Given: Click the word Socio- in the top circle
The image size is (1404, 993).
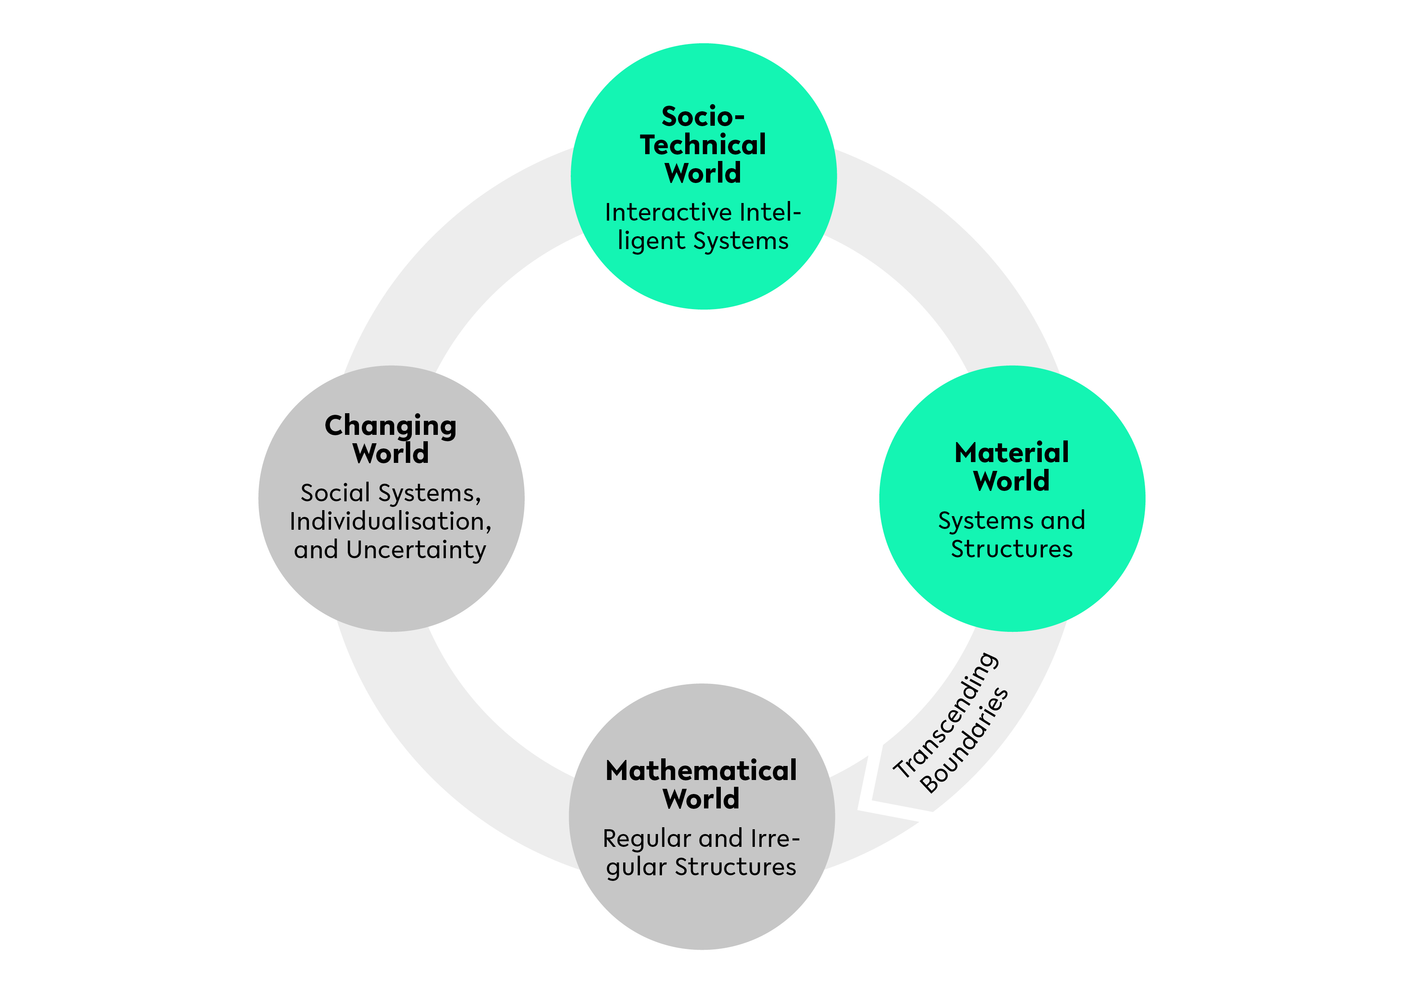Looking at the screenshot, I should (703, 116).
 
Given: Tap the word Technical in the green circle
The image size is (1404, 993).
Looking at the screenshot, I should (703, 145).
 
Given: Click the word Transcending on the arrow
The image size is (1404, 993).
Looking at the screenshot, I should (946, 715).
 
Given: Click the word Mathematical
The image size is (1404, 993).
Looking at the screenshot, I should (701, 771).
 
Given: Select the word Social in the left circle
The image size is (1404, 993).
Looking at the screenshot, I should (335, 493).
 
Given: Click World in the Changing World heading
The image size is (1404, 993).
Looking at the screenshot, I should (390, 453).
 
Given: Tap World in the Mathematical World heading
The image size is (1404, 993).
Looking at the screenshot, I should (701, 799).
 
